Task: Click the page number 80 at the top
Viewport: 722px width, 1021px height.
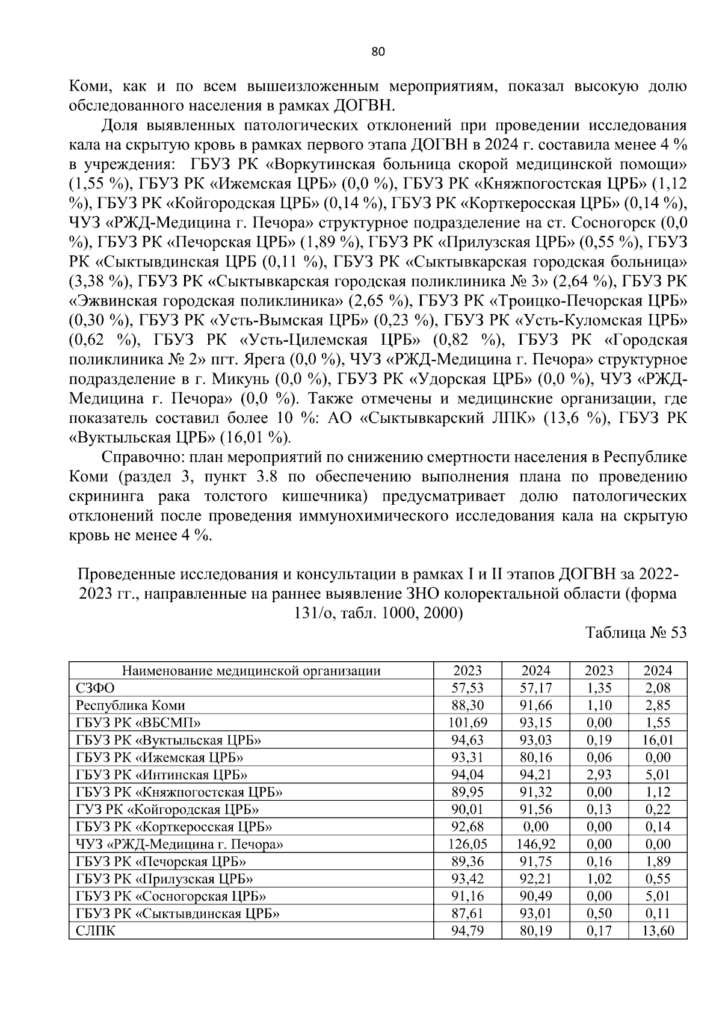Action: (x=378, y=51)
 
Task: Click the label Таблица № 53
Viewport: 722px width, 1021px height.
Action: (x=636, y=633)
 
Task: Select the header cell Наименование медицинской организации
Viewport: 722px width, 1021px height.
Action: (x=251, y=671)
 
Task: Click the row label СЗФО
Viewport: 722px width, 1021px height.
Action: (x=96, y=688)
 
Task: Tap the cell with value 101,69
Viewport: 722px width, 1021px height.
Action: (x=467, y=723)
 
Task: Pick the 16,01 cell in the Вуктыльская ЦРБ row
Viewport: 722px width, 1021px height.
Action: (x=658, y=740)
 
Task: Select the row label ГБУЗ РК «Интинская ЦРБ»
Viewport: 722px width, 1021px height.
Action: (x=162, y=775)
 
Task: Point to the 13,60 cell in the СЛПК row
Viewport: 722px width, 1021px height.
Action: (x=658, y=931)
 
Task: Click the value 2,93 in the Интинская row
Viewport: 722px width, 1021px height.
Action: (x=599, y=775)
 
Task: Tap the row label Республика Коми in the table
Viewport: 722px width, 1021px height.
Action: (x=131, y=705)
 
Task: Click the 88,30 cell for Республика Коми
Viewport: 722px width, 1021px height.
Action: (x=467, y=705)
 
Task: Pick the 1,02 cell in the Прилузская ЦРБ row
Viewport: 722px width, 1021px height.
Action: (x=599, y=879)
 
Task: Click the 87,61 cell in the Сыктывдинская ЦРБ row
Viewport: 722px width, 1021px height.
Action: (x=467, y=913)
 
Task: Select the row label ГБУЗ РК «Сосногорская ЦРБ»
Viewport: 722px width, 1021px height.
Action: (x=171, y=896)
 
